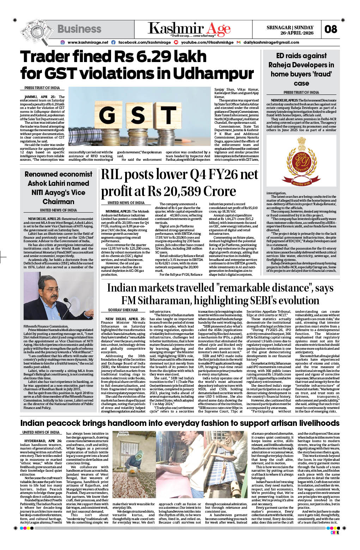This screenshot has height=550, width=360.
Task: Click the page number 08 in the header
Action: [330, 29]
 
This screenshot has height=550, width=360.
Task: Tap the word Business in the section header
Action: [79, 29]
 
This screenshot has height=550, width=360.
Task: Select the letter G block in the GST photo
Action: [107, 115]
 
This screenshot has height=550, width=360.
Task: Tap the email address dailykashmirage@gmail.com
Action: [273, 42]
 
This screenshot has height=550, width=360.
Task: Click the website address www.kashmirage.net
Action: [88, 42]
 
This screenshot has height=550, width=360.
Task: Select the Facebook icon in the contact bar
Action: [113, 42]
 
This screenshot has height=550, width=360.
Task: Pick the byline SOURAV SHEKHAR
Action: [123, 310]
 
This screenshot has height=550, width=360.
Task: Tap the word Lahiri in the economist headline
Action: [74, 183]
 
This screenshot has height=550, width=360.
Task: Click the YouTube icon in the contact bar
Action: [176, 42]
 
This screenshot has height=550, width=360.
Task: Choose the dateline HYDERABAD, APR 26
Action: [43, 441]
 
